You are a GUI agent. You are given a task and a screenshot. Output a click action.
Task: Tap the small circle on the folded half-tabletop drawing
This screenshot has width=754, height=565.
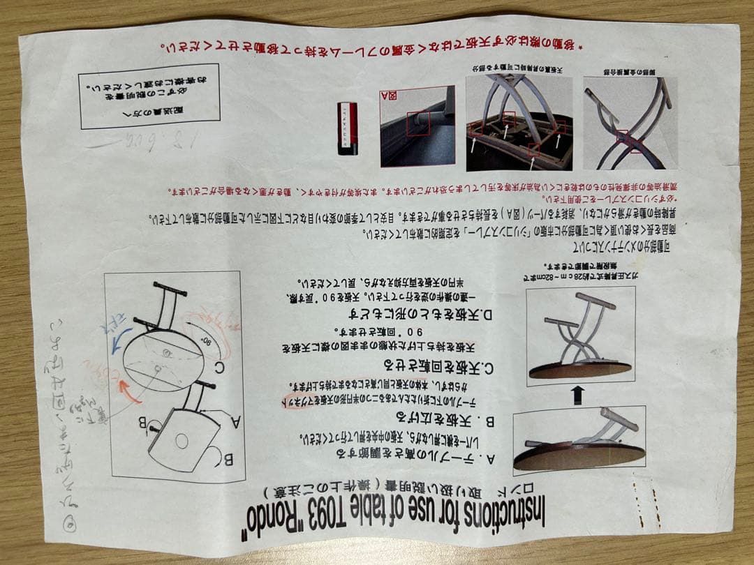(x=182, y=440)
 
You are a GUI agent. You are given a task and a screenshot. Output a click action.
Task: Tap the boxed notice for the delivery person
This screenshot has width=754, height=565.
(x=149, y=96)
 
